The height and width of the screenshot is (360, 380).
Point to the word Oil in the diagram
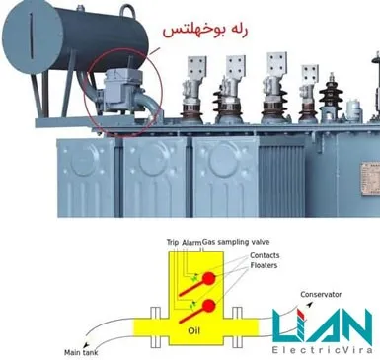coord(194,330)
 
